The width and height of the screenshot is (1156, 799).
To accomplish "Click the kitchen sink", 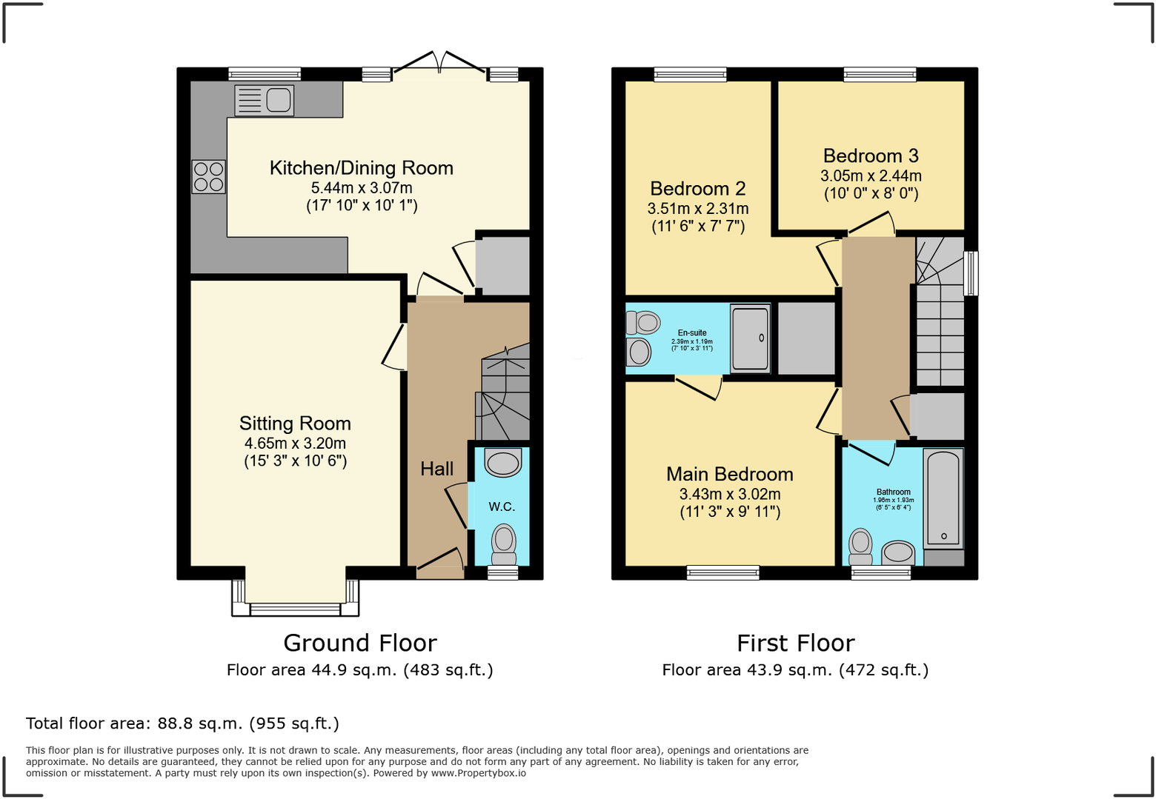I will pos(265,100).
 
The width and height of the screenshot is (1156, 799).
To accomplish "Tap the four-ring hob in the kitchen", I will pos(208,177).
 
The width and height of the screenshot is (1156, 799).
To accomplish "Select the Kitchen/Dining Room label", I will pos(361,168).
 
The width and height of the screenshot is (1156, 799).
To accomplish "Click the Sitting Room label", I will pos(295,424).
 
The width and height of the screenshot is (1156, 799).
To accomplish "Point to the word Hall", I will pos(436,469).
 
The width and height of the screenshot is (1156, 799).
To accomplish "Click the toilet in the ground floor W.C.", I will pos(504,544).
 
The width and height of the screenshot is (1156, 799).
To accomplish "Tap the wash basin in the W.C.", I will pos(503,464).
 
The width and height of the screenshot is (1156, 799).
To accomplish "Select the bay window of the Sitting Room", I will pos(295,609).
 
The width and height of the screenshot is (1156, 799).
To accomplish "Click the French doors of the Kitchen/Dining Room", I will pos(439,64).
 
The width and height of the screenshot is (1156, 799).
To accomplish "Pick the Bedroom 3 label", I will pos(871,156).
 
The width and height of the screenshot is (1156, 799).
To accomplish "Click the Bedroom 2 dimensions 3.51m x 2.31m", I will pos(697,209).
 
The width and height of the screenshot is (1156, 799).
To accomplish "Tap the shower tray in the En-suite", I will pos(750,338).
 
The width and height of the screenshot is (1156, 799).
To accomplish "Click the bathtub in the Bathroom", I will pos(943,498).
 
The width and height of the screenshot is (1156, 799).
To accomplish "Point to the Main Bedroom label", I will pos(729,475).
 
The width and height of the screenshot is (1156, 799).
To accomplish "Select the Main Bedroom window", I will pos(722,572).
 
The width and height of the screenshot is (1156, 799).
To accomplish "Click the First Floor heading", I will pos(795,643).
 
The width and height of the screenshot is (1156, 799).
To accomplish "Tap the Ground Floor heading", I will pos(360,643).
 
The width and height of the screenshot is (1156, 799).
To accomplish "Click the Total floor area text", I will pos(182,723).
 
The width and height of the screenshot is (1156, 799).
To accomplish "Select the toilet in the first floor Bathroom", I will pos(860,546).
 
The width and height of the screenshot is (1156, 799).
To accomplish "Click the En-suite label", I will pos(692,333).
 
